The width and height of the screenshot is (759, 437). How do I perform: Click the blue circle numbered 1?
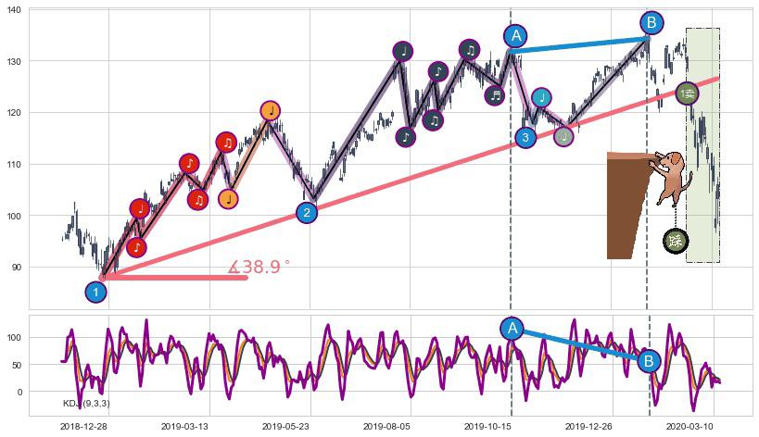pyautogui.click(x=95, y=292)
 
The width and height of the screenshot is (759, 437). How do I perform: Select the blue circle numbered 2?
pyautogui.click(x=307, y=213)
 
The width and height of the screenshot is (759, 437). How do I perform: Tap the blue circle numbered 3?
pyautogui.click(x=525, y=138)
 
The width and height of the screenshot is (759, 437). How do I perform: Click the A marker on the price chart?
pyautogui.click(x=516, y=36)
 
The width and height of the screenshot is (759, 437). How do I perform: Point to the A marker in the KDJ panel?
pyautogui.click(x=512, y=328)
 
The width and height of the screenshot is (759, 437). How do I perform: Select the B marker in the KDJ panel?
pyautogui.click(x=649, y=361)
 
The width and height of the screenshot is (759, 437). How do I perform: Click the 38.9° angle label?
pyautogui.click(x=259, y=268)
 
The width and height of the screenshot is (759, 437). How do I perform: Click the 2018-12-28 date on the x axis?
pyautogui.click(x=83, y=426)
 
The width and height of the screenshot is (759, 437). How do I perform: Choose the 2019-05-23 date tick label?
pyautogui.click(x=285, y=426)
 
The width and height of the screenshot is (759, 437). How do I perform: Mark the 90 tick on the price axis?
pyautogui.click(x=19, y=268)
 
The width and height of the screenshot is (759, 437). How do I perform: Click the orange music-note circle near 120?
pyautogui.click(x=270, y=111)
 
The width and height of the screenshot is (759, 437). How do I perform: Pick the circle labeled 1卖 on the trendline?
pyautogui.click(x=687, y=94)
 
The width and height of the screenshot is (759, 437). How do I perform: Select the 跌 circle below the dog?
pyautogui.click(x=676, y=241)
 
